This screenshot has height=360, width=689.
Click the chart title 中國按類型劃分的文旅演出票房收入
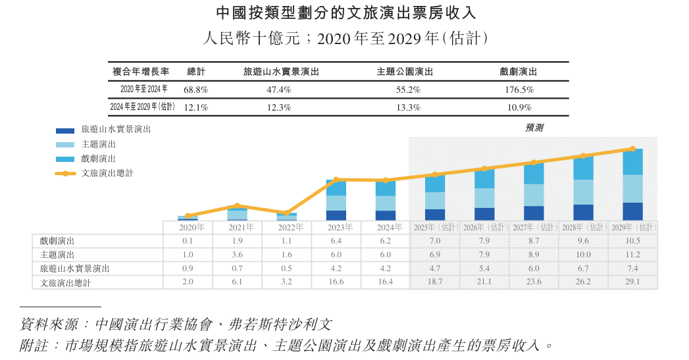click(345, 13)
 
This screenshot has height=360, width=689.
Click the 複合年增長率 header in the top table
click(141, 72)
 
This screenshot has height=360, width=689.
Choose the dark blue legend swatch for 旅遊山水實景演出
click(65, 130)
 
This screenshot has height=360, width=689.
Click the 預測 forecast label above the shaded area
click(534, 128)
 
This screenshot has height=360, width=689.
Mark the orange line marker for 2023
click(336, 180)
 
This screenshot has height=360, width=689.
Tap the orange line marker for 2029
click(632, 149)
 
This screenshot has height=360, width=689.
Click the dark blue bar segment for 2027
click(534, 213)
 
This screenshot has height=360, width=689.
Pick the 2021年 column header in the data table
click(237, 227)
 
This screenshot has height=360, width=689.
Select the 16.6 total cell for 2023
click(336, 282)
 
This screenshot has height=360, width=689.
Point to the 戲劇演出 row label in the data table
click(57, 241)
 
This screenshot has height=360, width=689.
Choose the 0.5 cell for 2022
click(286, 269)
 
